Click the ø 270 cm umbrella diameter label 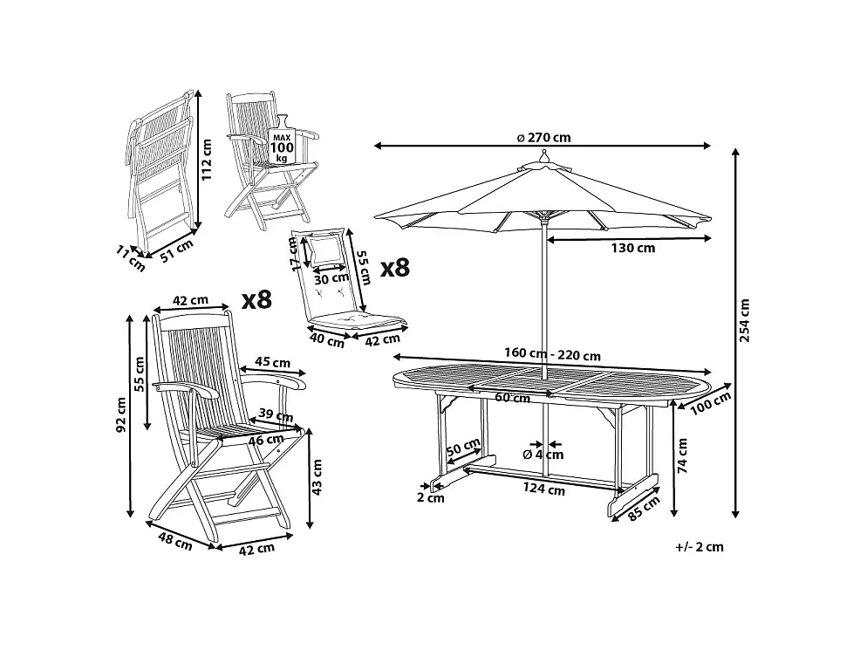[x=543, y=137]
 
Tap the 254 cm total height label [x=744, y=320]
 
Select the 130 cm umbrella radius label [x=633, y=248]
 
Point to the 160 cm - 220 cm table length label [x=552, y=354]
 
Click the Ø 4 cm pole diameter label [x=543, y=455]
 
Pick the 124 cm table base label [x=544, y=489]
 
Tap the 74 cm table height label [x=682, y=455]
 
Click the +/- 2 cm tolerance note [x=700, y=547]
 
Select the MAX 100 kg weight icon [x=282, y=140]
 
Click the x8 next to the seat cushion [x=395, y=268]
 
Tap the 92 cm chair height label [x=121, y=414]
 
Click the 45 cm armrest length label [x=272, y=362]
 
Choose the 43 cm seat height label [x=317, y=477]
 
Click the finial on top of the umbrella [x=544, y=156]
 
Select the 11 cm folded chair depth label [x=131, y=258]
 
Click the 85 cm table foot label [x=645, y=509]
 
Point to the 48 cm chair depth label [x=175, y=540]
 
